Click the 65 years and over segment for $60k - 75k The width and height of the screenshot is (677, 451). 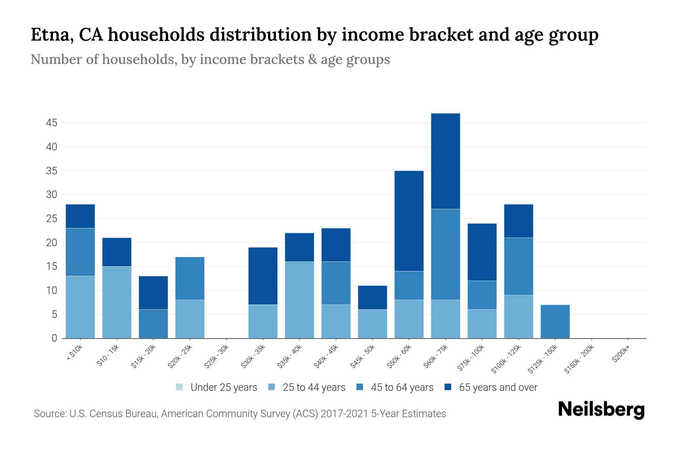tap(445, 161)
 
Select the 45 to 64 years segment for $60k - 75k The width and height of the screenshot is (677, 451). tap(445, 254)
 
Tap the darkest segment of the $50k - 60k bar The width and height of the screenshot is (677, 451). tap(409, 221)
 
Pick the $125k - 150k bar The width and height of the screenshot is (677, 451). tap(555, 322)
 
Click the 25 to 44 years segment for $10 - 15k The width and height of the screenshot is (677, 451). tap(117, 302)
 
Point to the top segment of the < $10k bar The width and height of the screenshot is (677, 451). tap(80, 216)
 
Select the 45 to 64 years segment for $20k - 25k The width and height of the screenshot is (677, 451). tap(190, 278)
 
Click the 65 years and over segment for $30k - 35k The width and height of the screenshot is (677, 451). tap(263, 276)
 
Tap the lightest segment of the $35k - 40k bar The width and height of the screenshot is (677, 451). tap(299, 300)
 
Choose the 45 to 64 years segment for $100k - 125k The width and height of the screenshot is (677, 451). tap(518, 266)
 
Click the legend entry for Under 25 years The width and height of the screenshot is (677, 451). tap(217, 387)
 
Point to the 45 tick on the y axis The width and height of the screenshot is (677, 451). tap(52, 123)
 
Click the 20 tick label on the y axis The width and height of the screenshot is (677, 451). tap(52, 243)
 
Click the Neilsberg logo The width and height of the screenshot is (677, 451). tap(601, 410)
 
